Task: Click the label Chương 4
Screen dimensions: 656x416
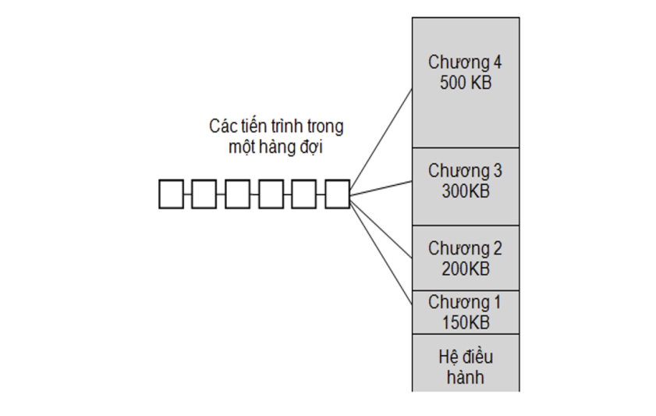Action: tap(465, 62)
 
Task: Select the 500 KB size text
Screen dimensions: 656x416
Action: tap(466, 83)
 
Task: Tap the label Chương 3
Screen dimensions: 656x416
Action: tap(465, 172)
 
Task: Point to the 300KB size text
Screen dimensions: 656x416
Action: tap(466, 191)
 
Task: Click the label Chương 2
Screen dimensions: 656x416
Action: tap(465, 249)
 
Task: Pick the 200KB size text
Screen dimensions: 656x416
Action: tap(466, 268)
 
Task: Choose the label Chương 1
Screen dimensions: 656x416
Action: tap(464, 303)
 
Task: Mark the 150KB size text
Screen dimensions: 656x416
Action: tap(466, 322)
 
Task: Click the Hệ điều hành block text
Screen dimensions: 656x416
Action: tap(466, 367)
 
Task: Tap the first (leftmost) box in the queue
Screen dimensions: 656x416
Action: tap(171, 194)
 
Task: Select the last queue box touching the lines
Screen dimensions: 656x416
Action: tap(337, 194)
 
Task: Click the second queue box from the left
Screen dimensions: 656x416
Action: tap(204, 194)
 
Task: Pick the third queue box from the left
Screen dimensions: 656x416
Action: tap(238, 194)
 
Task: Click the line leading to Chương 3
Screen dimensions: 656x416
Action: tap(381, 188)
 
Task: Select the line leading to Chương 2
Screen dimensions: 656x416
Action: tap(381, 228)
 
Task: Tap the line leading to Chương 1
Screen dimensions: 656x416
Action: tap(381, 252)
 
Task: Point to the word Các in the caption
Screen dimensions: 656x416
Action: tap(222, 126)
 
